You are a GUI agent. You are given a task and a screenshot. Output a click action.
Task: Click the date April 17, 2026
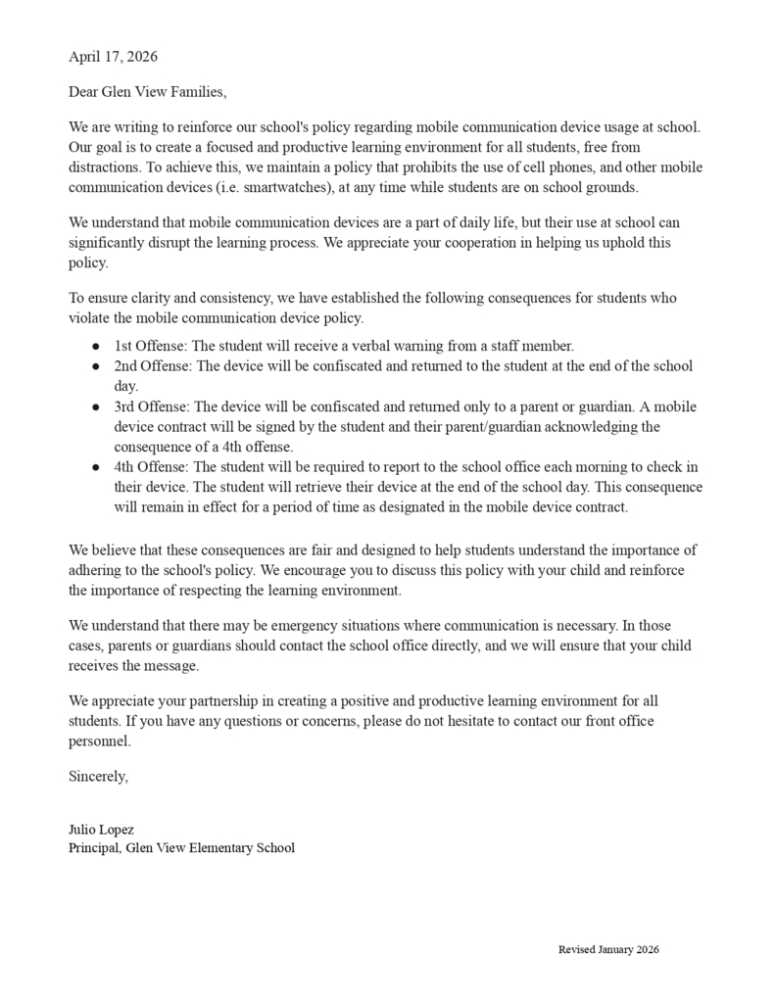click(x=113, y=57)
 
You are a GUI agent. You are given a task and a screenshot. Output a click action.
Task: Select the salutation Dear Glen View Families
click(x=147, y=93)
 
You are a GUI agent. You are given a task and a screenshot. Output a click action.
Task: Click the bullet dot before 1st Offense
click(x=96, y=347)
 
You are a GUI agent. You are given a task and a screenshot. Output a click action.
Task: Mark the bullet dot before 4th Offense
click(x=96, y=467)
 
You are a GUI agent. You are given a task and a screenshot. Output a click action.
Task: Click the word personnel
click(x=99, y=741)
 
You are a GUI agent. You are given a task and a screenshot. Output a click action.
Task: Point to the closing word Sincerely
click(x=98, y=777)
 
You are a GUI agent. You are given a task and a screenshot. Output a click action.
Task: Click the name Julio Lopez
click(x=101, y=830)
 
